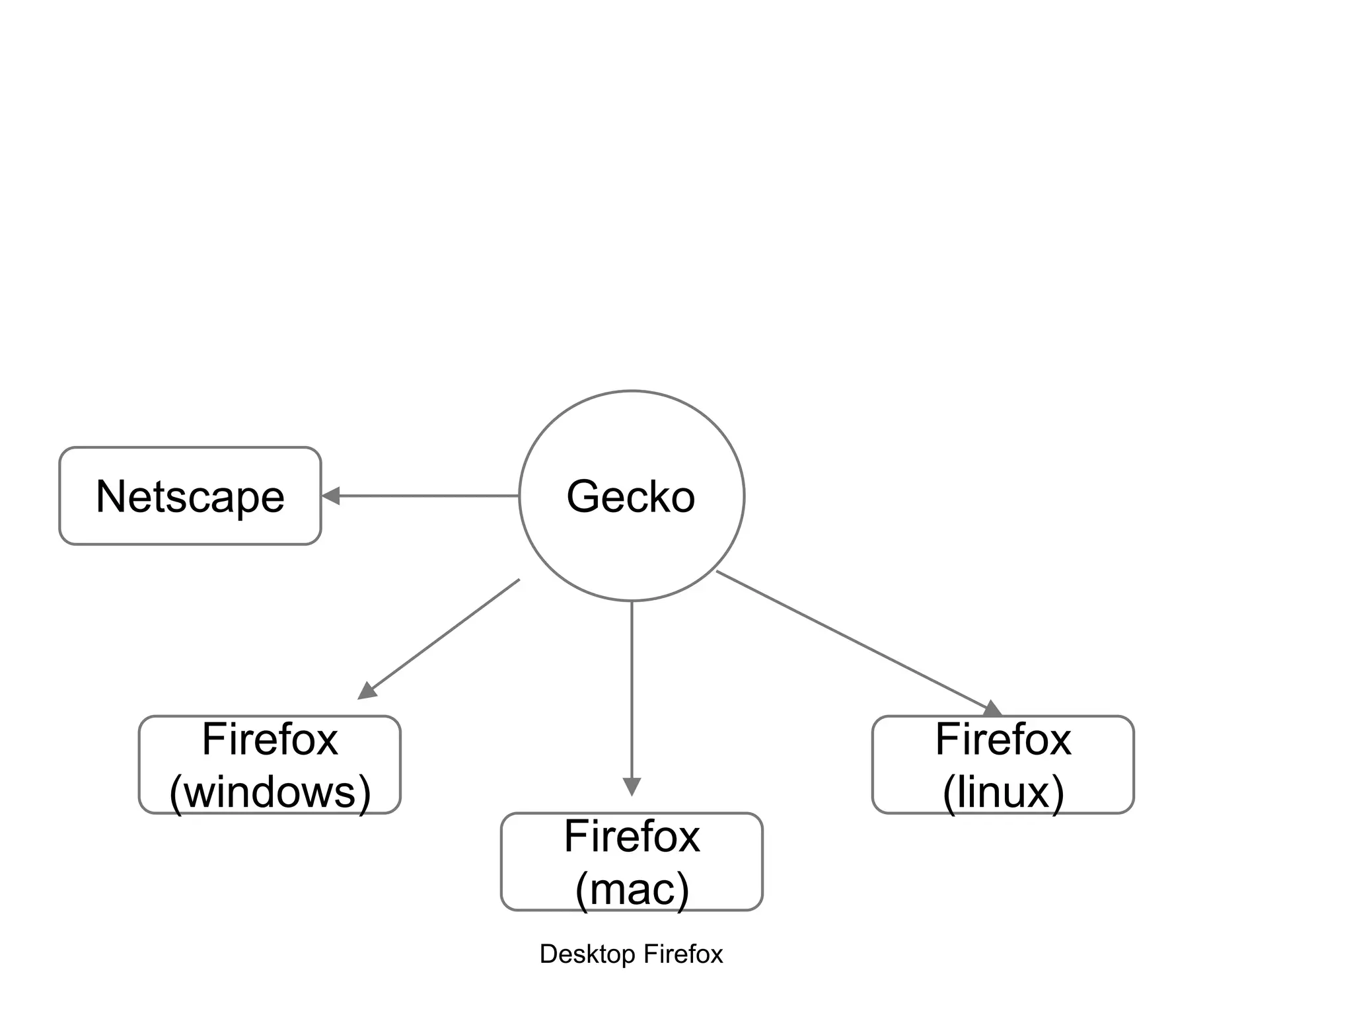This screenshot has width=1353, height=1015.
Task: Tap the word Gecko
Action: click(x=631, y=496)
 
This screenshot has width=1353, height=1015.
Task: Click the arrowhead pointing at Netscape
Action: click(x=331, y=496)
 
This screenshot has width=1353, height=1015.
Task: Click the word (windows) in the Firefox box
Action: click(x=270, y=792)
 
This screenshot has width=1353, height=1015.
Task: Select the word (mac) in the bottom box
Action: click(x=632, y=889)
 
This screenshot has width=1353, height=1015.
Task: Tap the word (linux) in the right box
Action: click(x=1003, y=792)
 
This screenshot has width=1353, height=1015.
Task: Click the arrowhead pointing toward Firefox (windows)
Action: click(x=367, y=691)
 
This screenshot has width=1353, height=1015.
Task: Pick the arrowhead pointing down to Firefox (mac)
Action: click(x=632, y=786)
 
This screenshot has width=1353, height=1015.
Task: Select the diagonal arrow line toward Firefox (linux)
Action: click(x=852, y=639)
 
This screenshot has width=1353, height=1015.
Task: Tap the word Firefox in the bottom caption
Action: click(x=683, y=954)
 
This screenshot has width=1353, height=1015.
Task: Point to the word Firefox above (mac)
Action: click(x=632, y=837)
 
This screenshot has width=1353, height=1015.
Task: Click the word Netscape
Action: click(x=190, y=496)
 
